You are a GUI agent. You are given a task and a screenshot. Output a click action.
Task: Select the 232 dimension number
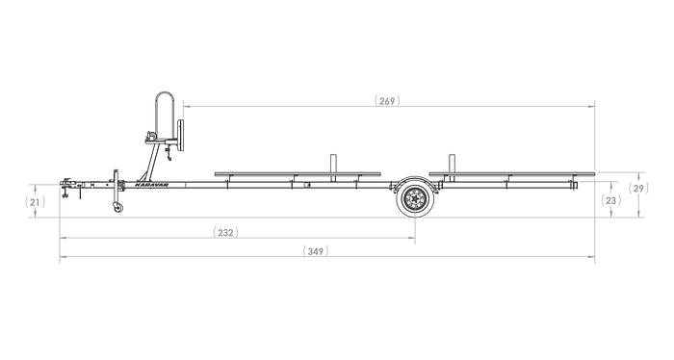(223, 232)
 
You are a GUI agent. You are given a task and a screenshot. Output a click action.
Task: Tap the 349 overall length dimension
(316, 251)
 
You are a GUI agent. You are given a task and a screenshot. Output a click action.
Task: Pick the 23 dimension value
(609, 200)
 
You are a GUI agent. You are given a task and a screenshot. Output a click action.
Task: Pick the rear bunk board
(510, 174)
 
